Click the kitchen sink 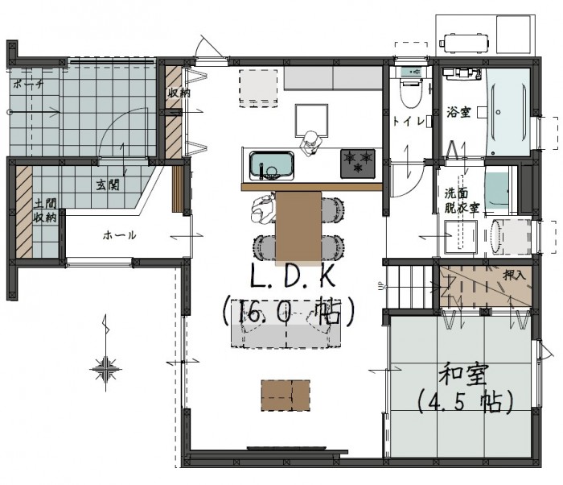coord(272,165)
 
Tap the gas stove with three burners coord(358,164)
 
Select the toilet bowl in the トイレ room coord(411,93)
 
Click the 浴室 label coord(458,112)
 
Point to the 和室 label coord(463,375)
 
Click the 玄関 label coord(107,185)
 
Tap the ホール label coord(120,235)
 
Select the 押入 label coord(515,276)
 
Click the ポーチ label coord(28,85)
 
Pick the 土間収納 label coord(45,211)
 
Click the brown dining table coord(298,226)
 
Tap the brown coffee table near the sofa coord(286,395)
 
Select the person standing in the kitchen coord(310,143)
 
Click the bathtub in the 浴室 coord(508,112)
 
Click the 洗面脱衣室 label coord(462,201)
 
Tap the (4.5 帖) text coord(465,401)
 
